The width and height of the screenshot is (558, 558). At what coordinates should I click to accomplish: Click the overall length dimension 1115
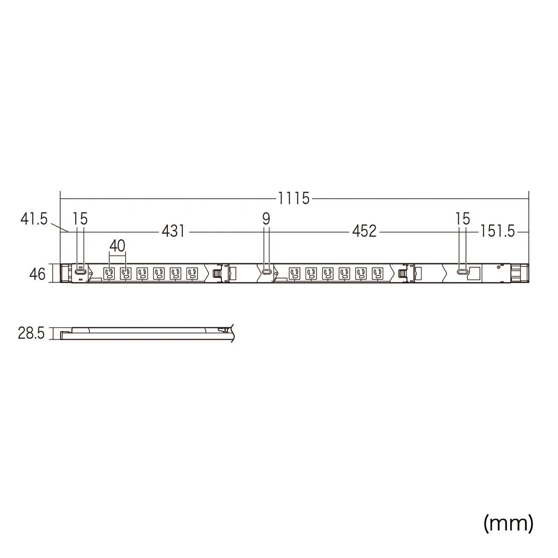[293, 199]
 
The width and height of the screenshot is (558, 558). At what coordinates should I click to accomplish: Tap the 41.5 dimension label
[34, 219]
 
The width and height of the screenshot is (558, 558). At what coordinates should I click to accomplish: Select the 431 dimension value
[173, 232]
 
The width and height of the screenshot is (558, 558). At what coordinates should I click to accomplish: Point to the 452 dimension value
[364, 232]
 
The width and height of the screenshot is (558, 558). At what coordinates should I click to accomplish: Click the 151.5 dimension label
[498, 232]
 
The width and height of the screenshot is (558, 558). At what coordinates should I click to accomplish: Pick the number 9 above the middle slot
[266, 219]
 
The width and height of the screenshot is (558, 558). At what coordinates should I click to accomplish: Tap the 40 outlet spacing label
[117, 246]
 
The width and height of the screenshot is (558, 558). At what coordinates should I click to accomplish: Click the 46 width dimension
[37, 274]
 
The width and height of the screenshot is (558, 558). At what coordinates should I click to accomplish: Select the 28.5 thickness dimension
[31, 333]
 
